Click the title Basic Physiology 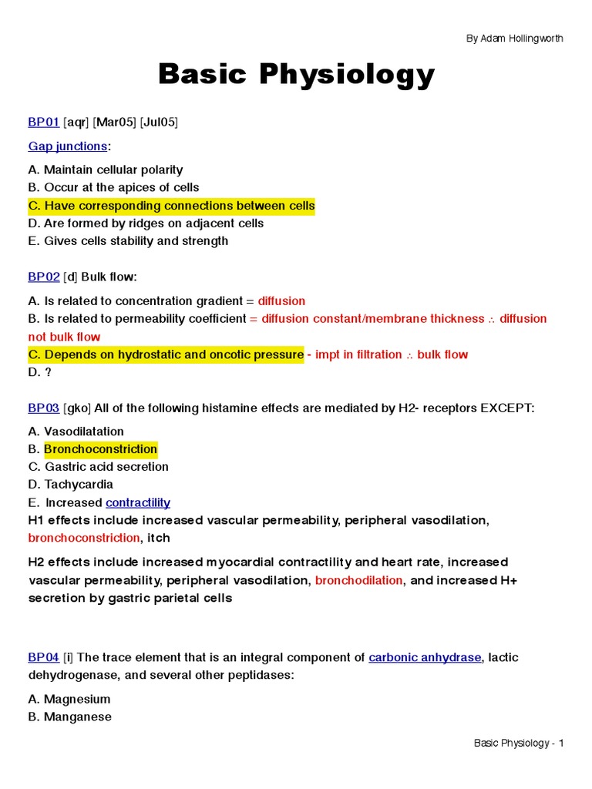296,76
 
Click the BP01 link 43,123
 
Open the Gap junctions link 68,146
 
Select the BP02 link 43,277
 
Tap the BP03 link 43,408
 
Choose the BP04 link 43,657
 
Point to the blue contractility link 138,502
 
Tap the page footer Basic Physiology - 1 519,743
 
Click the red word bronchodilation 358,580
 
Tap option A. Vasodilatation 76,431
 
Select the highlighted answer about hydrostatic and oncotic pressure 166,354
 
